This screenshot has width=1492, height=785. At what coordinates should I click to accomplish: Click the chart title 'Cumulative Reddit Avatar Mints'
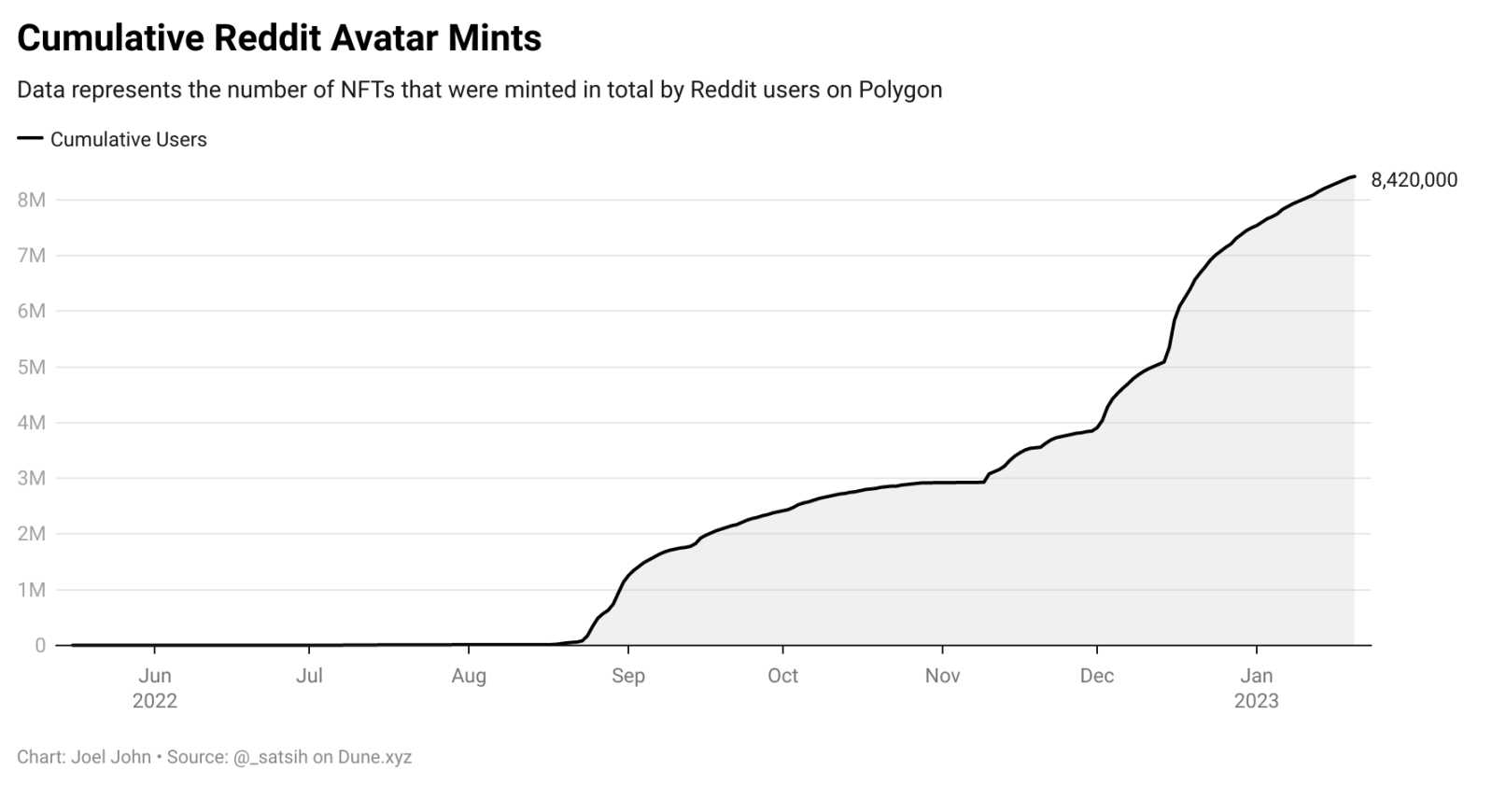point(279,38)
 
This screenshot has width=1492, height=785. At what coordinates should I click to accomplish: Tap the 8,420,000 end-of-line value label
point(1413,180)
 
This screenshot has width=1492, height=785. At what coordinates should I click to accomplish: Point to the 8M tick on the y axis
point(31,200)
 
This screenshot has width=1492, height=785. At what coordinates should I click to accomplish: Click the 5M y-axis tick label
point(31,367)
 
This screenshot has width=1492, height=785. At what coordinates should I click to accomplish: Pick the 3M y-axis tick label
point(31,478)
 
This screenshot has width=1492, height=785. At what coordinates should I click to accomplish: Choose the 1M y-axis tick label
point(31,590)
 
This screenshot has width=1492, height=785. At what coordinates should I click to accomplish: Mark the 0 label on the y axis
point(40,645)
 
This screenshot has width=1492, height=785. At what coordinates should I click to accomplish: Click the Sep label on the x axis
point(628,676)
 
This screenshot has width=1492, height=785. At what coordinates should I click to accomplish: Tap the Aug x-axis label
point(469,676)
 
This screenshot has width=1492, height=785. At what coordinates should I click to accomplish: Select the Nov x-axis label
point(942,676)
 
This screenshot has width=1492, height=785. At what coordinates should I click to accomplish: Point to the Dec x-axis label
point(1096,676)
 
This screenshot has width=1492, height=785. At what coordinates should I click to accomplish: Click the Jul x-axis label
point(309,676)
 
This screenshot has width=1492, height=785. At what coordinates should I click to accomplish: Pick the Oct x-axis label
point(782,676)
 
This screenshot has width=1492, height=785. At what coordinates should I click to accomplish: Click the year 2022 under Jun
point(155,701)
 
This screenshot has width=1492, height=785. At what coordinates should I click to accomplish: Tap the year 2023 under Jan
point(1256,701)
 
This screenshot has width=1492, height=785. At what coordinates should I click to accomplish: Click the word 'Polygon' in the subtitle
point(900,91)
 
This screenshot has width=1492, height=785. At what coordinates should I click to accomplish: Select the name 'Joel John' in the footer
point(111,757)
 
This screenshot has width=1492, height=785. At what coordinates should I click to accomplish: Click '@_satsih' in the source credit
point(270,757)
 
